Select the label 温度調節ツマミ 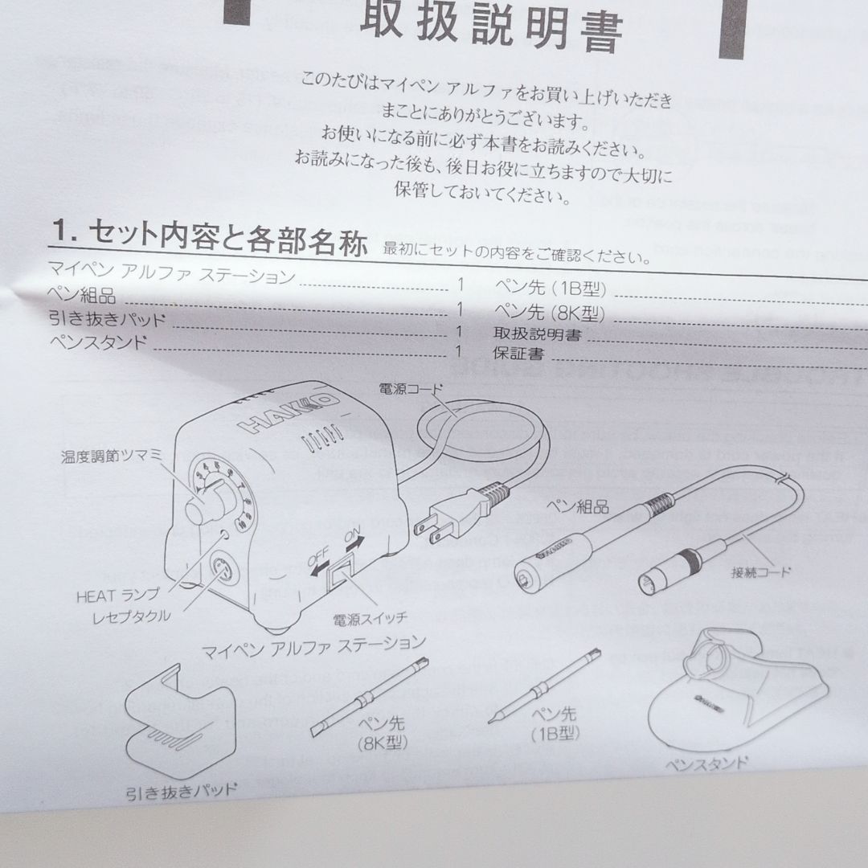(x=112, y=456)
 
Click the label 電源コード (x=411, y=389)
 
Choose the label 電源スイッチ (x=371, y=617)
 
